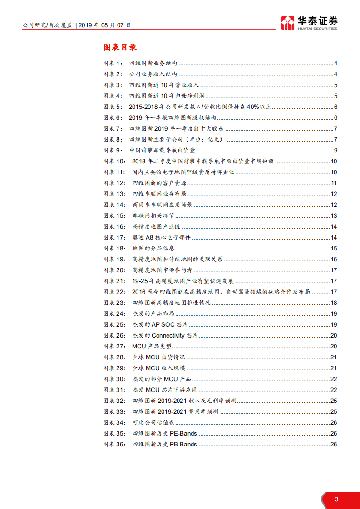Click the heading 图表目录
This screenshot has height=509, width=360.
pyautogui.click(x=120, y=47)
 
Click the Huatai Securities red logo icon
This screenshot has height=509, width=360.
pyautogui.click(x=287, y=23)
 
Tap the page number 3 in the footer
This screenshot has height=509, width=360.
pyautogui.click(x=336, y=499)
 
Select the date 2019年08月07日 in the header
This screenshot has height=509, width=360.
pyautogui.click(x=104, y=25)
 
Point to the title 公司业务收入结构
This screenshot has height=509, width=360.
pyautogui.click(x=153, y=74)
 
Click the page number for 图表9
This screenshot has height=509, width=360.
pyautogui.click(x=335, y=151)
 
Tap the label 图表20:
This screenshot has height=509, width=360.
pyautogui.click(x=114, y=270)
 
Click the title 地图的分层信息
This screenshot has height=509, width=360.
pyautogui.click(x=153, y=249)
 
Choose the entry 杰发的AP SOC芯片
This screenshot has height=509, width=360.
pyautogui.click(x=159, y=325)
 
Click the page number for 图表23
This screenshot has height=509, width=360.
pyautogui.click(x=333, y=303)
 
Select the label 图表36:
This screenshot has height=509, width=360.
pyautogui.click(x=114, y=445)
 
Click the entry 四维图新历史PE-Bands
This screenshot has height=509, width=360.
pyautogui.click(x=164, y=434)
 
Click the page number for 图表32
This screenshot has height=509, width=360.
pyautogui.click(x=333, y=401)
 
